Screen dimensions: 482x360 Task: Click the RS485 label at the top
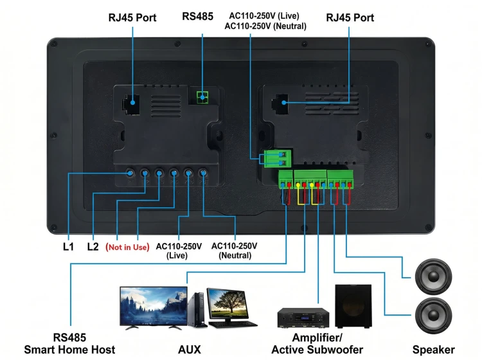pos(197,16)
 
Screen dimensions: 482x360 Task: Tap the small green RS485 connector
pos(202,98)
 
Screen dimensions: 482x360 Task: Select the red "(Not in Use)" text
pos(127,247)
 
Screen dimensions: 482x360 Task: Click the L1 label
pos(68,247)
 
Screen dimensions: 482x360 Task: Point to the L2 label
pos(93,247)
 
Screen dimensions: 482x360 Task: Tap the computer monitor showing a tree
pos(228,305)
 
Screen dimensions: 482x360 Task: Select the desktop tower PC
pos(197,310)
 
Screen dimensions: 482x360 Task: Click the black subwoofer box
pos(353,306)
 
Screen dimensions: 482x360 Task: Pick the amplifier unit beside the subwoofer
pos(303,318)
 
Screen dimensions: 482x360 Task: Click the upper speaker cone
pos(433,276)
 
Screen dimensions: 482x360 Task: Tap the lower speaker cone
pos(433,316)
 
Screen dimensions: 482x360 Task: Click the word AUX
pos(190,350)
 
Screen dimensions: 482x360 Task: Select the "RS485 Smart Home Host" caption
pos(69,343)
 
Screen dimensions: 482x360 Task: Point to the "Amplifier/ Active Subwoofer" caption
pos(317,343)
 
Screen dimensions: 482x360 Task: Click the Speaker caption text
pos(433,350)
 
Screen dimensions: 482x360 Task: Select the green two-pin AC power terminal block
pos(278,158)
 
